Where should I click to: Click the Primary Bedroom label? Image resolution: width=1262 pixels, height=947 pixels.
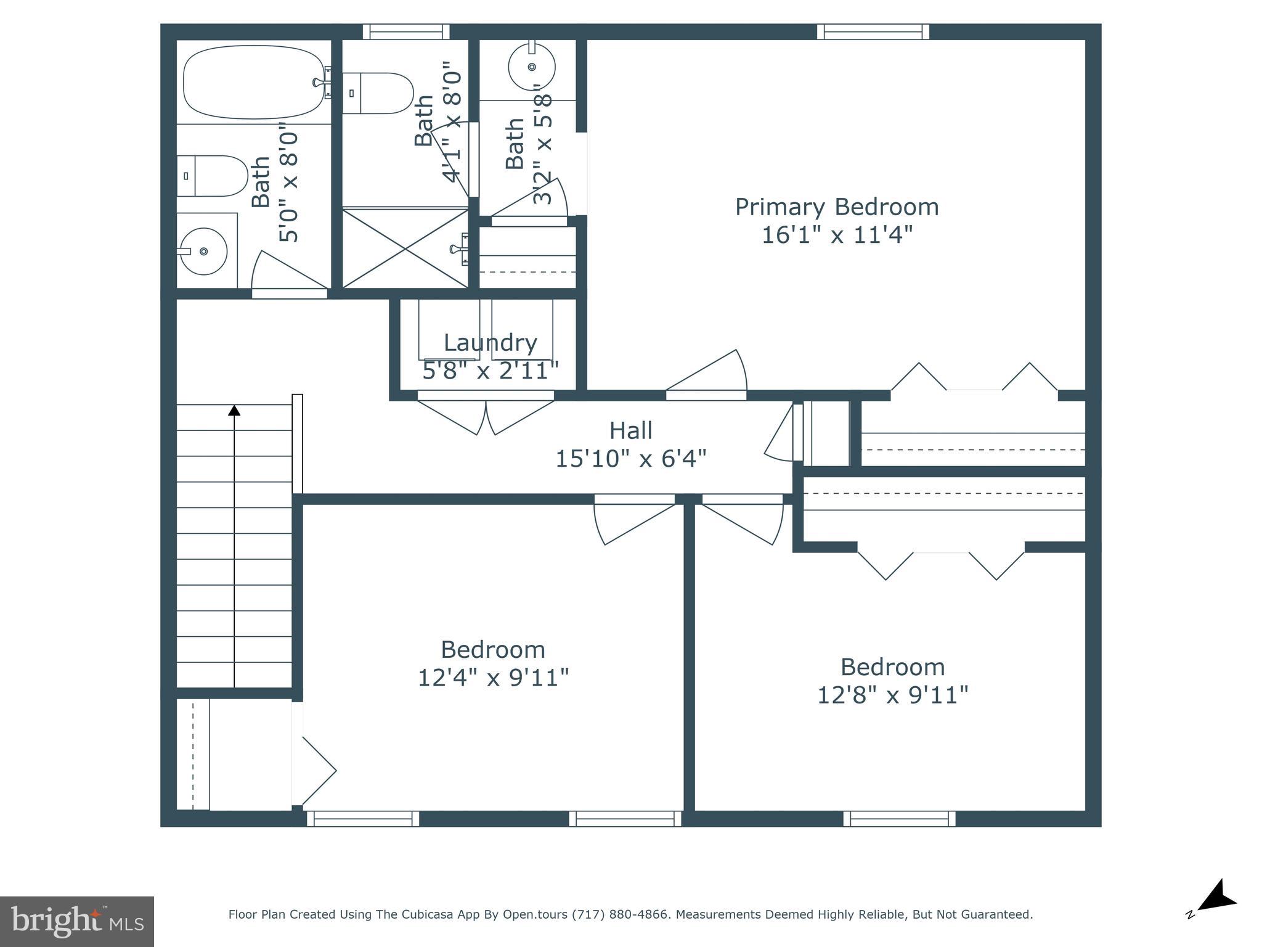click(836, 207)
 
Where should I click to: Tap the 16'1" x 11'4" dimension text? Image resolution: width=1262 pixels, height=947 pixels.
click(836, 236)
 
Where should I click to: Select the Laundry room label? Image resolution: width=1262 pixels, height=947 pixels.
click(490, 343)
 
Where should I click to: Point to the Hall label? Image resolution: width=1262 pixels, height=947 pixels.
click(630, 430)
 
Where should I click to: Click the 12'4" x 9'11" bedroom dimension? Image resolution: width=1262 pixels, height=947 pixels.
click(493, 678)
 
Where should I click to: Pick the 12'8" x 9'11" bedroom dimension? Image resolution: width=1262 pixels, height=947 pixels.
click(892, 695)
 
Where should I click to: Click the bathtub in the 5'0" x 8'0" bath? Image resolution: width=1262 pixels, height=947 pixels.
click(253, 83)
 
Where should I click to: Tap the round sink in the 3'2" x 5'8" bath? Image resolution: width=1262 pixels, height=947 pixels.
click(531, 67)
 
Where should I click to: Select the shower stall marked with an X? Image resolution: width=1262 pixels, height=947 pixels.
click(405, 248)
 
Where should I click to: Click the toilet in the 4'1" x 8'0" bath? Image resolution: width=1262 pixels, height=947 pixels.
click(377, 93)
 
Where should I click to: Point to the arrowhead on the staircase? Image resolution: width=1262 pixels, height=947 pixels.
click(234, 409)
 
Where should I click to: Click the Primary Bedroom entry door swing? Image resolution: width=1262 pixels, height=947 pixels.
click(709, 374)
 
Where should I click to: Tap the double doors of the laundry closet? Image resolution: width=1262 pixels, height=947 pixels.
click(486, 417)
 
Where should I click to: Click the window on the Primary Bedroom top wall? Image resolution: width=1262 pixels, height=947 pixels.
click(873, 31)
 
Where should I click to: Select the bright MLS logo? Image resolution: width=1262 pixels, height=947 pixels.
click(76, 921)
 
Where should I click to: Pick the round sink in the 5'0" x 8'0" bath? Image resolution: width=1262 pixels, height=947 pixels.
click(203, 251)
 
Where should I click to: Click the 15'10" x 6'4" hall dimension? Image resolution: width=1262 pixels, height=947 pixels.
click(630, 459)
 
